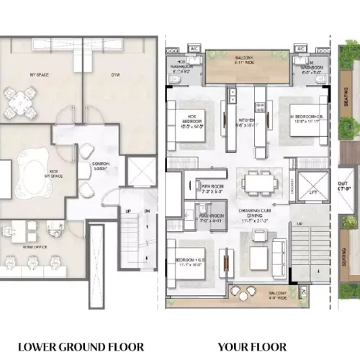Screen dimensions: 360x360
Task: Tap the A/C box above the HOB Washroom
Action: (x=195, y=50)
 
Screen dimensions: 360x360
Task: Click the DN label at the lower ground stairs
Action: (x=146, y=211)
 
